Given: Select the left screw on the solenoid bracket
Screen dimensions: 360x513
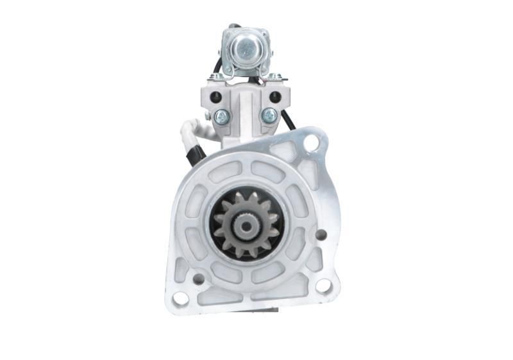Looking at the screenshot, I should [222, 116].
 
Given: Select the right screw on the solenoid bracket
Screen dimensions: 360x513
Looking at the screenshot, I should [269, 116].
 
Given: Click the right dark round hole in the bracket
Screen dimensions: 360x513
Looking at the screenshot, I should [275, 97].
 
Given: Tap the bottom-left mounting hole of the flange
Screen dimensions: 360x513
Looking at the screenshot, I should [181, 298].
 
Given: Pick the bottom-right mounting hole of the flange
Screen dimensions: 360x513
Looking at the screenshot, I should [323, 285].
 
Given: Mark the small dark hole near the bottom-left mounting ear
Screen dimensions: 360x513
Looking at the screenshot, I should [199, 279].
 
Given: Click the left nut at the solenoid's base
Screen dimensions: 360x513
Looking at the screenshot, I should [219, 76].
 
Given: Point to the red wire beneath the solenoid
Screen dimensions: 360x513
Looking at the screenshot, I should [260, 81].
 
